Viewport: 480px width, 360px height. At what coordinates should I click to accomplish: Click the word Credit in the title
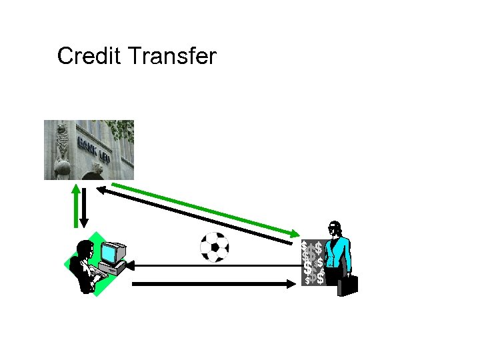(89, 57)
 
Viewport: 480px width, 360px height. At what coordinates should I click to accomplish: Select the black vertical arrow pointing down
(85, 207)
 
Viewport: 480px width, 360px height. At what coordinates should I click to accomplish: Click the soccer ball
(215, 247)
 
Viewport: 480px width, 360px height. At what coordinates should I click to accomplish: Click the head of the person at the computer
(85, 250)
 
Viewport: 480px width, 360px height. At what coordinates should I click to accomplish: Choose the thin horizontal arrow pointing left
(213, 266)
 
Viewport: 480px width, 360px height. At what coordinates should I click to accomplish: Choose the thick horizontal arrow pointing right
(213, 284)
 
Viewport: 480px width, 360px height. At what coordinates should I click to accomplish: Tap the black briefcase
(347, 285)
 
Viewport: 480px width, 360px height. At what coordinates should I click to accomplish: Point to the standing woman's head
(335, 229)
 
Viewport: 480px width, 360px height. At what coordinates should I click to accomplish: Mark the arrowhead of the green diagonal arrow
(295, 234)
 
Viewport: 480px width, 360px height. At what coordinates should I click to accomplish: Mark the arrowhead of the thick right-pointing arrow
(291, 284)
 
